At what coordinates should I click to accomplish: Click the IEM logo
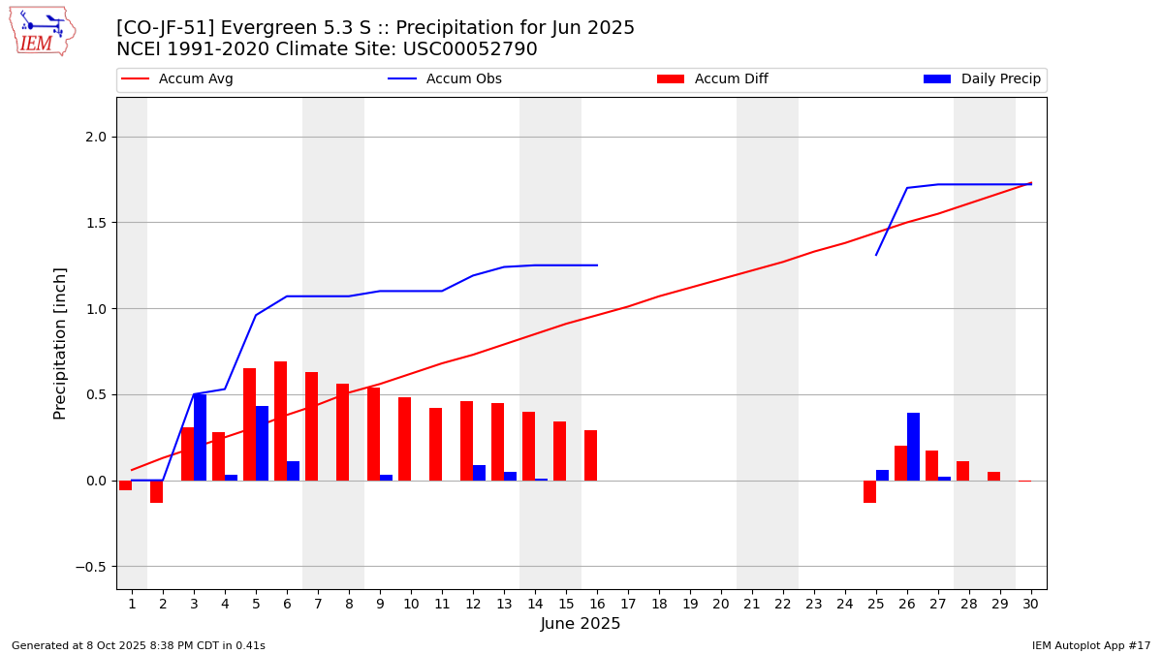tap(42, 31)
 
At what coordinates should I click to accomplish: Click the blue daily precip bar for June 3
tap(200, 437)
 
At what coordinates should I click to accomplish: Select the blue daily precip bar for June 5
tap(262, 443)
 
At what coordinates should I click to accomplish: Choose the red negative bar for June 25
tap(869, 491)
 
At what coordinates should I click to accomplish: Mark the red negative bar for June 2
tap(156, 491)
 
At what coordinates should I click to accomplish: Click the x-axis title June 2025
tap(581, 624)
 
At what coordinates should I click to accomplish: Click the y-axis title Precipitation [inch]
tap(60, 343)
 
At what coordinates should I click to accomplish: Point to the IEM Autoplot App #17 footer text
tap(1090, 645)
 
